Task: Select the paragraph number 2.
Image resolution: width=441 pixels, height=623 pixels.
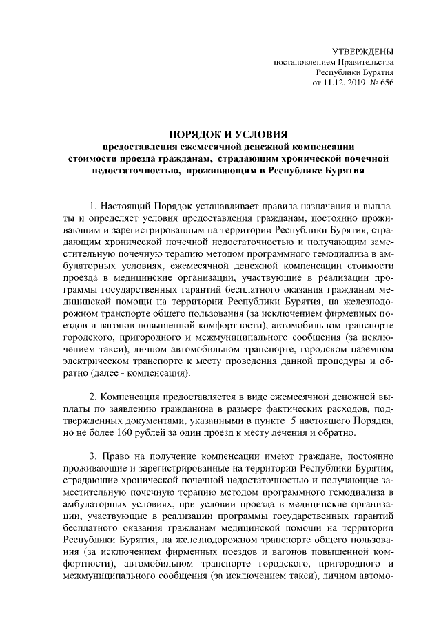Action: click(93, 397)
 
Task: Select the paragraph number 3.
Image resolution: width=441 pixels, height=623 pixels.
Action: click(93, 457)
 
